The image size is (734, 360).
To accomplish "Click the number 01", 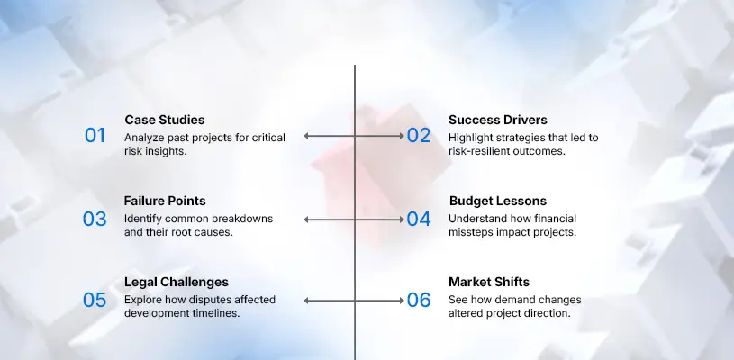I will pyautogui.click(x=95, y=136).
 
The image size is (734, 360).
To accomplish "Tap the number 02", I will pyautogui.click(x=419, y=136).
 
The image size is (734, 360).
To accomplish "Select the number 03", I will pyautogui.click(x=95, y=219).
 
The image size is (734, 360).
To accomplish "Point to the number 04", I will pyautogui.click(x=419, y=219).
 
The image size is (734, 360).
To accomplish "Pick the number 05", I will pyautogui.click(x=95, y=301).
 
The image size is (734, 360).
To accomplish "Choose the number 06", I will pyautogui.click(x=419, y=301).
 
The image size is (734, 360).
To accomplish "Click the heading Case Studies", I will pyautogui.click(x=164, y=120).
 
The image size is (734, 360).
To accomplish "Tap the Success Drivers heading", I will pyautogui.click(x=497, y=120).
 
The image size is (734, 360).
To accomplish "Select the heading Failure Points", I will pyautogui.click(x=165, y=202).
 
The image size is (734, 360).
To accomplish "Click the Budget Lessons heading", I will pyautogui.click(x=498, y=202).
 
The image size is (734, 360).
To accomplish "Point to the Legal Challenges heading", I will pyautogui.click(x=176, y=283).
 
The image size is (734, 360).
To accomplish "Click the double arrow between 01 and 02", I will pyautogui.click(x=355, y=136).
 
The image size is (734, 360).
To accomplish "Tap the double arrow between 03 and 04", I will pyautogui.click(x=355, y=219).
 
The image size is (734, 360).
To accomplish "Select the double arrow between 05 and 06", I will pyautogui.click(x=355, y=301).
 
